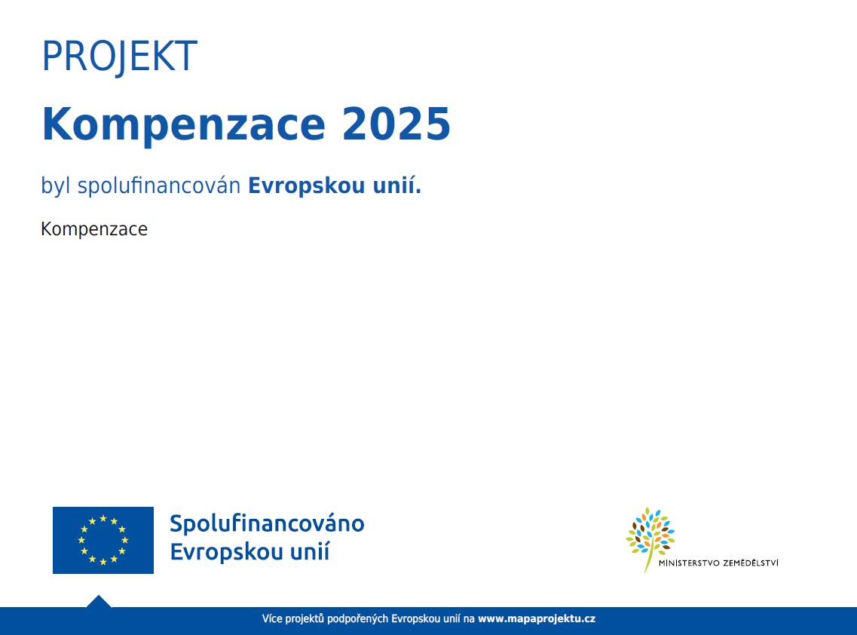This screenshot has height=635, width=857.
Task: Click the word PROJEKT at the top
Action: click(119, 56)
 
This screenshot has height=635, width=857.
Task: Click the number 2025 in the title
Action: click(396, 124)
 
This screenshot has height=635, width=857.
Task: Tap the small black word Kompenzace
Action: click(94, 229)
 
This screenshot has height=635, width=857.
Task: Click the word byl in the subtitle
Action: click(56, 186)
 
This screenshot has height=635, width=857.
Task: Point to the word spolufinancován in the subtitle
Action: click(159, 186)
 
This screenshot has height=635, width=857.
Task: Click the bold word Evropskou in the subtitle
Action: click(307, 186)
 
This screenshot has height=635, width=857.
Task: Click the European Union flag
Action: click(103, 541)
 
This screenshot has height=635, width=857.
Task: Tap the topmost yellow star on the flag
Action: click(103, 518)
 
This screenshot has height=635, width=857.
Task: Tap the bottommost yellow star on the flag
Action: click(103, 562)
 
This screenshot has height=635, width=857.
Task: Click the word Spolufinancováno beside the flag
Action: click(267, 524)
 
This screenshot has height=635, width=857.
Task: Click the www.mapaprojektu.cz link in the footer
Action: click(537, 618)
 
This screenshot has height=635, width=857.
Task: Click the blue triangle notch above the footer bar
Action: click(99, 602)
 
